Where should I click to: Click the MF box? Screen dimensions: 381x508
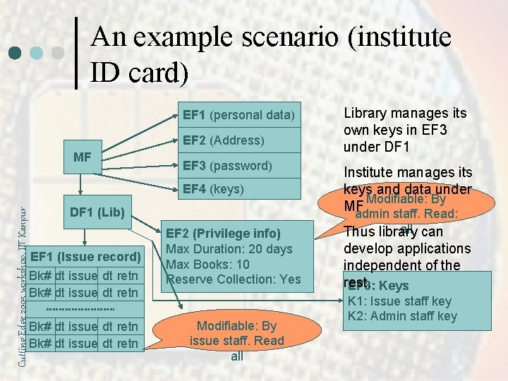pos(82,157)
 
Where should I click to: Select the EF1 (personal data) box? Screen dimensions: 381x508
pos(238,114)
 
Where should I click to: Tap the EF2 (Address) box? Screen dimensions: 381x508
pos(238,140)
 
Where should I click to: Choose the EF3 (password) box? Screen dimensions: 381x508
pos(238,166)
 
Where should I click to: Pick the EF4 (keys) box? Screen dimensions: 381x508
pos(238,189)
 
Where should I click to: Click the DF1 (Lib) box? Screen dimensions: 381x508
pos(97,212)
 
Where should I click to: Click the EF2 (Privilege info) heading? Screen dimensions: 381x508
pos(223,234)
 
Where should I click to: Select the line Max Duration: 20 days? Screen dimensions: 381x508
pos(229,249)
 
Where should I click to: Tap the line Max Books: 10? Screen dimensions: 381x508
pos(207,265)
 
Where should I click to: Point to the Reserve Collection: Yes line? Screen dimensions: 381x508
pos(233,279)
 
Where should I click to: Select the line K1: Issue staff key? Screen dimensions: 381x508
pos(399,301)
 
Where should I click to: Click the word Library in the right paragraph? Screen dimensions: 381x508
pos(366,113)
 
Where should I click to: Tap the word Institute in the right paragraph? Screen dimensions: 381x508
pos(369,172)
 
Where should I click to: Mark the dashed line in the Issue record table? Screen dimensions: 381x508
pos(80,309)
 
